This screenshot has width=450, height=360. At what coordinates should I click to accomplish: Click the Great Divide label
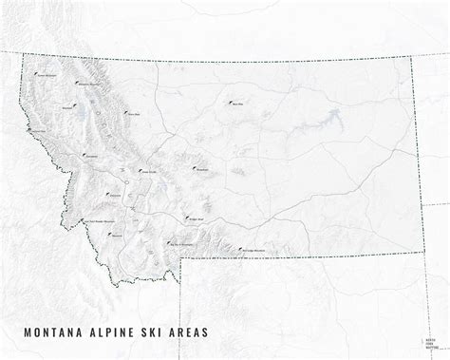tap(149, 172)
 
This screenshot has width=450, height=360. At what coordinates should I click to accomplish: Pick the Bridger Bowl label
tap(194, 218)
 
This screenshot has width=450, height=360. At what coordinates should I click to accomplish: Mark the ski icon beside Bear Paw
tap(229, 102)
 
